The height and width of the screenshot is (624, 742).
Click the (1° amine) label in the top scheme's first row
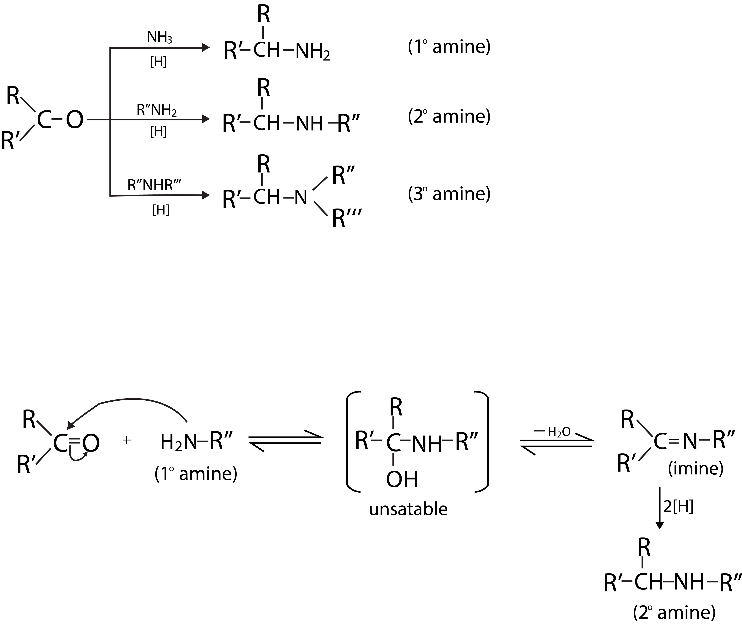coord(449,47)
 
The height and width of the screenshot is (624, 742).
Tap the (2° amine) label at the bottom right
coord(674,613)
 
